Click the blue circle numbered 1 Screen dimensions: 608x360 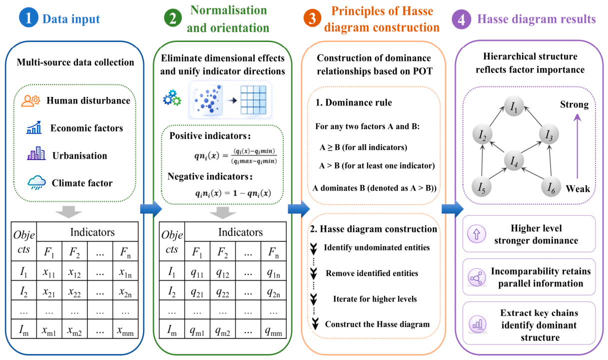pyautogui.click(x=28, y=18)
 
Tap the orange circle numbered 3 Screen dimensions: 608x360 pyautogui.click(x=312, y=18)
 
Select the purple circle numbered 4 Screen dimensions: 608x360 pyautogui.click(x=462, y=19)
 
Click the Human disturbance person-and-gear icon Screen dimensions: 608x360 pyautogui.click(x=30, y=101)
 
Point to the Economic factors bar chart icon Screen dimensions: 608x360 pyautogui.click(x=34, y=127)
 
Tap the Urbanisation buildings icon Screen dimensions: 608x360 pyautogui.click(x=36, y=153)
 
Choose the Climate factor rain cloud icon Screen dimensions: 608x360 pyautogui.click(x=36, y=182)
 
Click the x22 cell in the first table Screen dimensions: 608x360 pyautogui.click(x=74, y=290)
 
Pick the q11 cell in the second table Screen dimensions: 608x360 pyautogui.click(x=197, y=271)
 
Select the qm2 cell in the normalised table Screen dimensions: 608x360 pyautogui.click(x=223, y=329)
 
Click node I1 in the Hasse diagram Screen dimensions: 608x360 pyautogui.click(x=514, y=106)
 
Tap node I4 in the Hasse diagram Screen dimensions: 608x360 pyautogui.click(x=514, y=160)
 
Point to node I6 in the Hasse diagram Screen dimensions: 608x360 pyautogui.click(x=551, y=187)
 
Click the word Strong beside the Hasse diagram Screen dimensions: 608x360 pyautogui.click(x=575, y=104)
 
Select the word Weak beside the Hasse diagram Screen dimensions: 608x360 pyautogui.click(x=578, y=188)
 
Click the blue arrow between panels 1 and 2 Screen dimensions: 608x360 pyautogui.click(x=151, y=209)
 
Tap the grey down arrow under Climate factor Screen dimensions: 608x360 pyautogui.click(x=68, y=212)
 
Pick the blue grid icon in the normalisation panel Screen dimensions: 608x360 pyautogui.click(x=253, y=99)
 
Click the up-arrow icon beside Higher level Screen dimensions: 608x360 pyautogui.click(x=477, y=234)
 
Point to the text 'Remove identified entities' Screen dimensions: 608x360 pyautogui.click(x=372, y=273)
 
